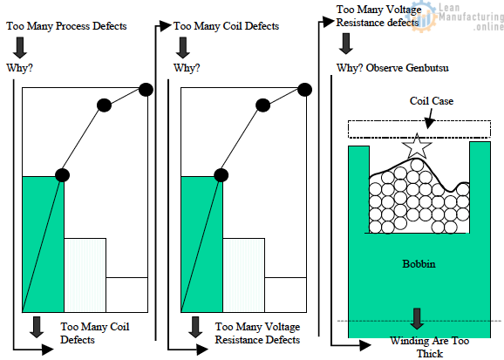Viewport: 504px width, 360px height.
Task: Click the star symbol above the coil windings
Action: (417, 146)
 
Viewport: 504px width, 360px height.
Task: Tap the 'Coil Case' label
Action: (431, 101)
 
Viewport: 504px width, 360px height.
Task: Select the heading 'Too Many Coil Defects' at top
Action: (226, 26)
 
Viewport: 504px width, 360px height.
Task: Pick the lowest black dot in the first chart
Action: (62, 174)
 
